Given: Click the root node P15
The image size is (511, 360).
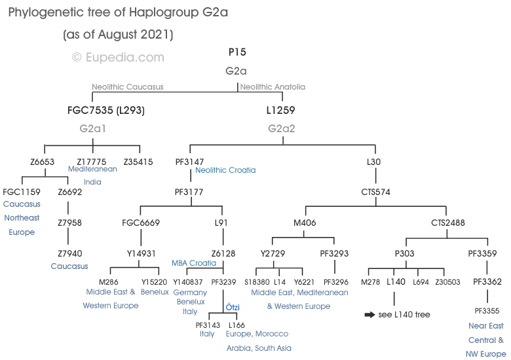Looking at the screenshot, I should coord(237,52).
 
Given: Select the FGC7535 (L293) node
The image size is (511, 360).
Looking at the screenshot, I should coord(106,110).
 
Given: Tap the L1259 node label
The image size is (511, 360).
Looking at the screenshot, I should coord(281,110).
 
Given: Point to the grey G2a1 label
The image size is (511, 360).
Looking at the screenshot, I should coord(92,129).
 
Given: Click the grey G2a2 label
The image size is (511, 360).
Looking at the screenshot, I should coord(282,129).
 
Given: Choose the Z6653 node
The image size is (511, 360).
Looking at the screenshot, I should coord(42,162).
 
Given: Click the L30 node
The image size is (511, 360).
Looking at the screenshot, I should coord(374,162).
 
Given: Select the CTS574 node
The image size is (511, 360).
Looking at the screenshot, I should coord(375,192).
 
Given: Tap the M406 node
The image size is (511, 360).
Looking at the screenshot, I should coord(305,223).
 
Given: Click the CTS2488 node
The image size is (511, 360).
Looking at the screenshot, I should coord(448,223).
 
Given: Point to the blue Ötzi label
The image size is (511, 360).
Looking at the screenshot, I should coord(233,307).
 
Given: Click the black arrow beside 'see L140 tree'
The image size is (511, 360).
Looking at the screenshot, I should coord(369,315).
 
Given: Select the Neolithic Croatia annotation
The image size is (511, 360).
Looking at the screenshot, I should coord(225,170).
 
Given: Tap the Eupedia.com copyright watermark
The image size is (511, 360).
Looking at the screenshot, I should coord(118,58).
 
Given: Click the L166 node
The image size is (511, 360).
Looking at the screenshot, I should coord(237,325).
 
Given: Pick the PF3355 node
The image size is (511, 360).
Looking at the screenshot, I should coord(487,310).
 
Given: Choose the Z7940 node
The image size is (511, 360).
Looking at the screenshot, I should coord(69,253).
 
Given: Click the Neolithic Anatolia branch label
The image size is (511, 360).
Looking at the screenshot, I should coord(273,86).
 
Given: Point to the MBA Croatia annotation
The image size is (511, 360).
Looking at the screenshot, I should coord(194,263).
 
